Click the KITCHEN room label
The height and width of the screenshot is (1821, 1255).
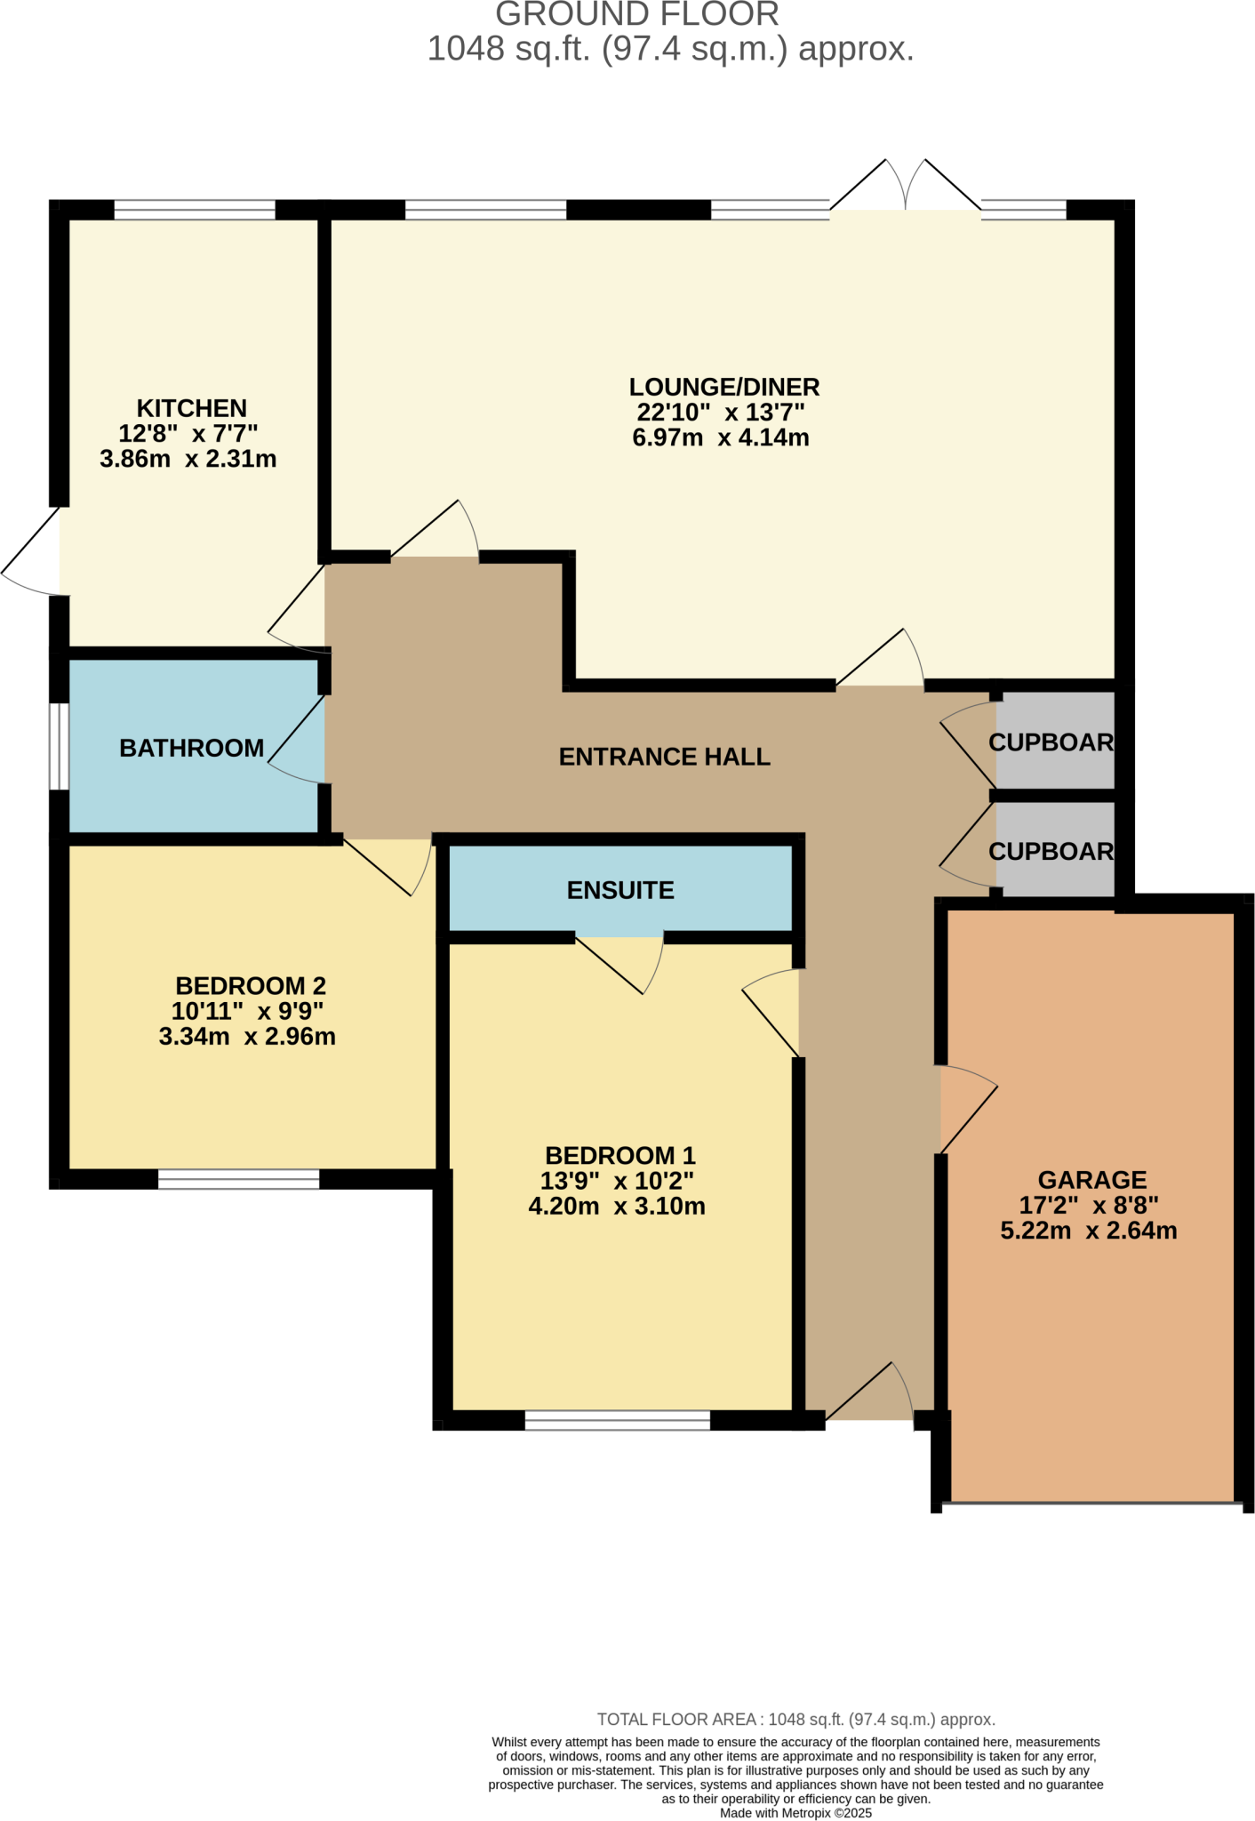(191, 408)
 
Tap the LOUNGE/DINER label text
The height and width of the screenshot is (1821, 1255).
(723, 387)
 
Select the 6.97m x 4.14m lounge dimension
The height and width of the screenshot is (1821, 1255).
(720, 437)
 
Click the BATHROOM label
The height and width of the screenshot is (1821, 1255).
(191, 749)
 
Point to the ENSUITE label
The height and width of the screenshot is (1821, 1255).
(620, 890)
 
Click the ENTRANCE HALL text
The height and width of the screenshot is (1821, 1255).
(664, 757)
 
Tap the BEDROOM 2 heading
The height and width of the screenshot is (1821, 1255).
(251, 985)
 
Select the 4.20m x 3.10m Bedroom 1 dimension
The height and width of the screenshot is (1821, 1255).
(617, 1207)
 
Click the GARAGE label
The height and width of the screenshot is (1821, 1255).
(1091, 1180)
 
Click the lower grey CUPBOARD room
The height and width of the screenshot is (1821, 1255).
(1054, 850)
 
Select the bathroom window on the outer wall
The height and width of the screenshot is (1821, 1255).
(59, 746)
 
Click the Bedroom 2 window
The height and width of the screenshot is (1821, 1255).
(238, 1179)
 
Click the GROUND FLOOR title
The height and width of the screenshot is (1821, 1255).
(636, 15)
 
